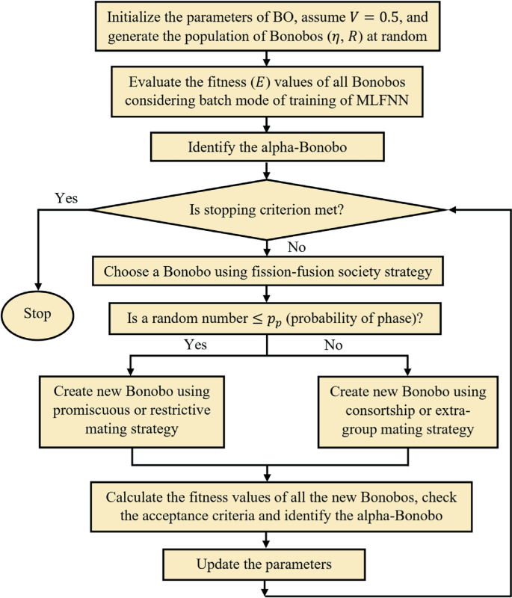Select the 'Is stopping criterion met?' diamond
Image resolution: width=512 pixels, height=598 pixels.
tap(267, 210)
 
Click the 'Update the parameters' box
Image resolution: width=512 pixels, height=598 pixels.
tap(267, 562)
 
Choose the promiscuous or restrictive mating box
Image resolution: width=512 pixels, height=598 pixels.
tap(132, 410)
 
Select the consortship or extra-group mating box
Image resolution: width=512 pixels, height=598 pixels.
tap(408, 410)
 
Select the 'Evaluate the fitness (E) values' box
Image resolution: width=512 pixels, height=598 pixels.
tap(267, 92)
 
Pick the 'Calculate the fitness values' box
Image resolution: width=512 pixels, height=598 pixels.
tap(267, 505)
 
